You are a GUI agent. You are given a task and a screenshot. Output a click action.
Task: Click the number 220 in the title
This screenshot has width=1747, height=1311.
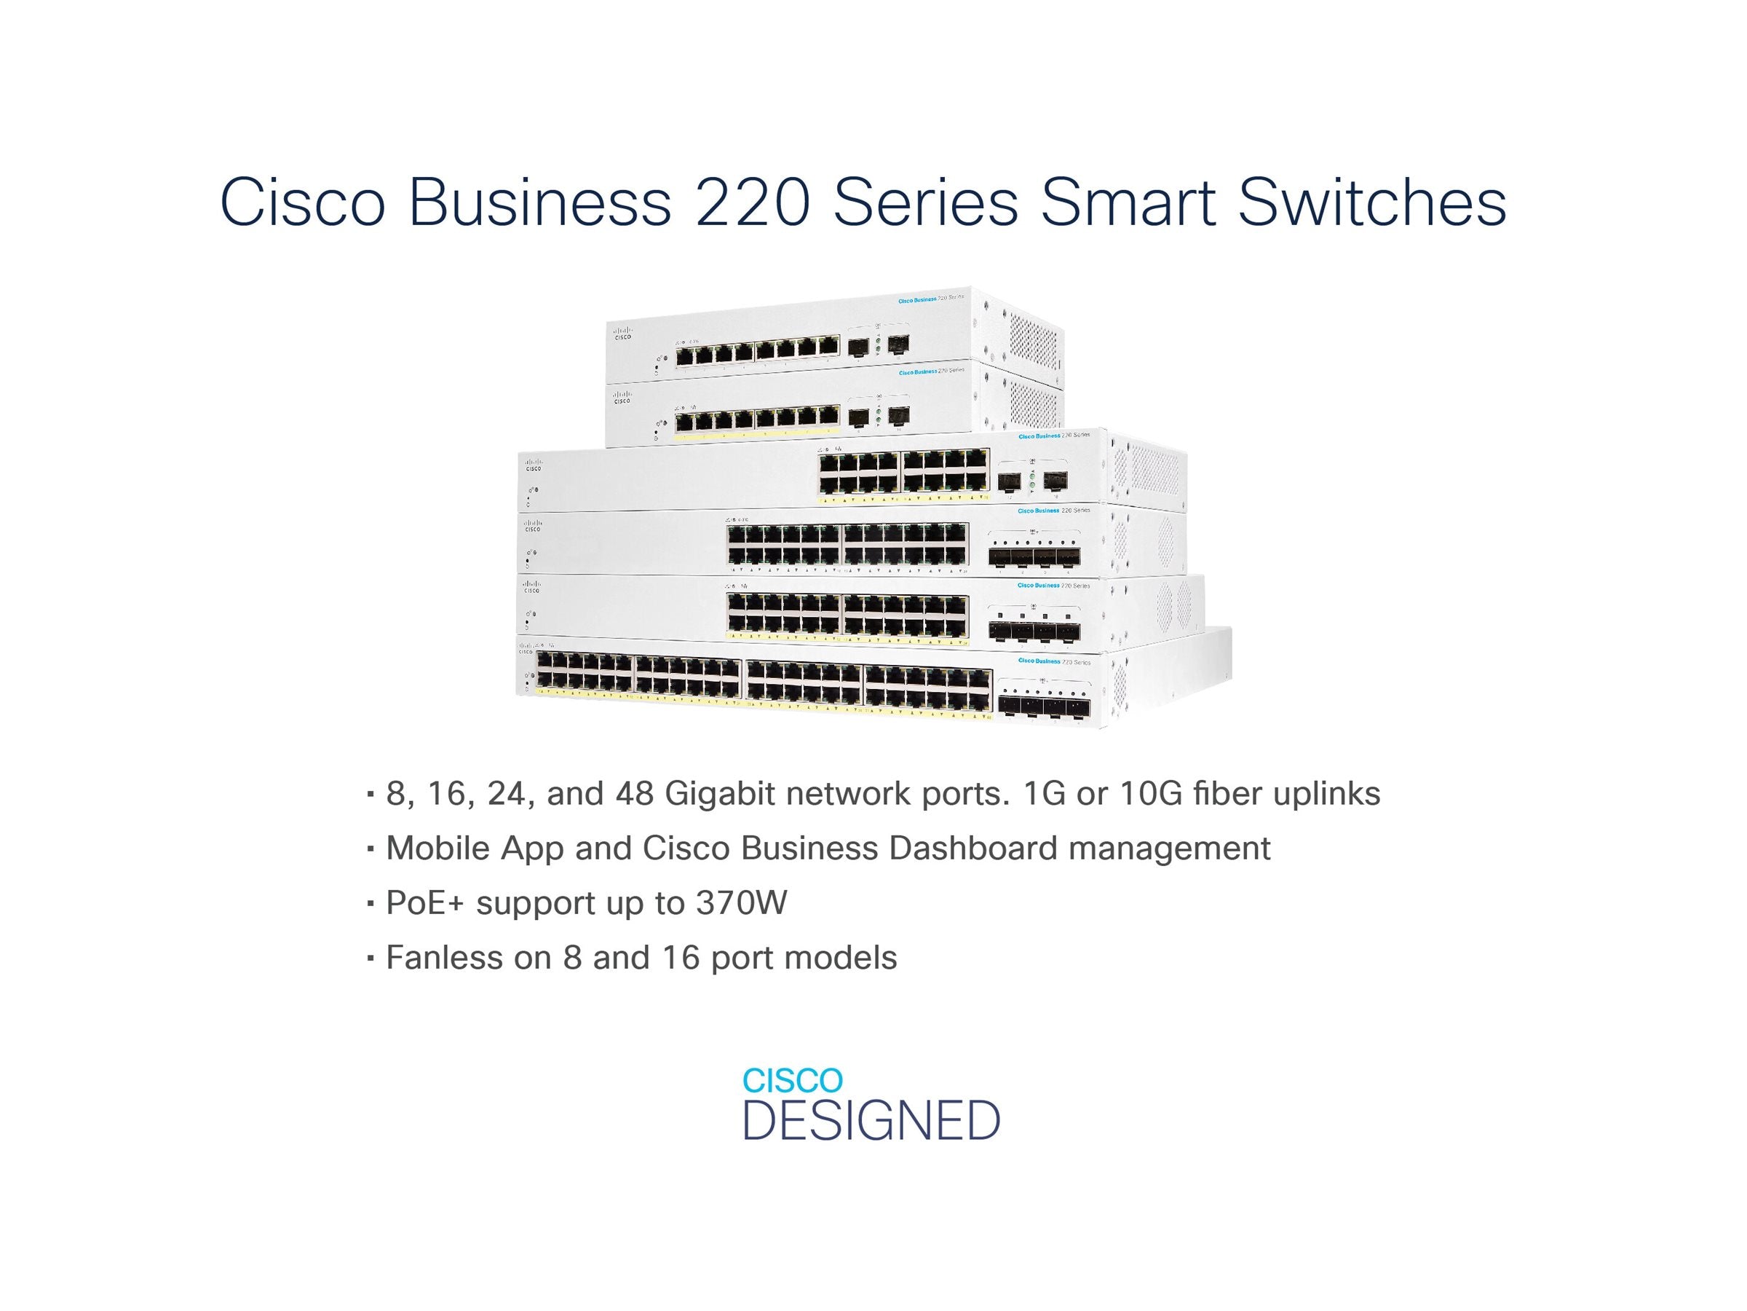pos(752,202)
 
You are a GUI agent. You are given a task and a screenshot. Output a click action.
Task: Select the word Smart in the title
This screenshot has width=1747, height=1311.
pos(1128,202)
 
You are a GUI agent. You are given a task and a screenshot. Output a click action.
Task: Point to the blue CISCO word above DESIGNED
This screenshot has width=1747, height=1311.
pos(792,1080)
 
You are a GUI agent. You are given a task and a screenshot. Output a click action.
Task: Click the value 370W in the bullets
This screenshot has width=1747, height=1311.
pos(741,902)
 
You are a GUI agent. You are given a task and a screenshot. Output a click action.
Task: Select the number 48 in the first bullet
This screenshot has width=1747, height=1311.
pos(634,793)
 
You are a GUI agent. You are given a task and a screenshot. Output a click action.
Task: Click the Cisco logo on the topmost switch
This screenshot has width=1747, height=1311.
pos(622,333)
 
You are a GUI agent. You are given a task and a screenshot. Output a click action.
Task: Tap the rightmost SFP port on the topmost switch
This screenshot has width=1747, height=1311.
pos(898,344)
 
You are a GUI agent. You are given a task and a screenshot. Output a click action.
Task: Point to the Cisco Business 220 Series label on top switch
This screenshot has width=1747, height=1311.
pos(930,299)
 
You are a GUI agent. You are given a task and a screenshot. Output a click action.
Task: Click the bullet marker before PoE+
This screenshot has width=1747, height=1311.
pos(370,902)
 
